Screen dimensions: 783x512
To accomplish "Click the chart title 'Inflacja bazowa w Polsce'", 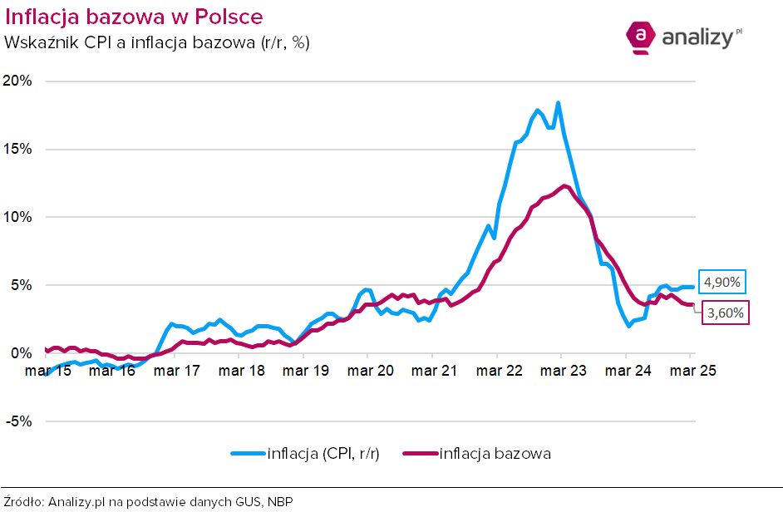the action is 134,17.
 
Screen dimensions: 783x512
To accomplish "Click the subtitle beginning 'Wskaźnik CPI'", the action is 157,42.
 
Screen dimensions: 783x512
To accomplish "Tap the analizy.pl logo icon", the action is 640,37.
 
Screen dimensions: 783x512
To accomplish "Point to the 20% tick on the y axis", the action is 17,81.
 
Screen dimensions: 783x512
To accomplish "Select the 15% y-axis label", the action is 17,149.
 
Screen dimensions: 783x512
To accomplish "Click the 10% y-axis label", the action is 17,217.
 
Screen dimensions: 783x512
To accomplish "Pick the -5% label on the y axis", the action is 19,421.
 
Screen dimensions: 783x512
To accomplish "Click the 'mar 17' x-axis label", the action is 177,371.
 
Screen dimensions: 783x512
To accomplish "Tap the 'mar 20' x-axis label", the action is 370,371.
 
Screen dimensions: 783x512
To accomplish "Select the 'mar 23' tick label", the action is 564,371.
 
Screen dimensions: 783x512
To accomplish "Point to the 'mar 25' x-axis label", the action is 692,371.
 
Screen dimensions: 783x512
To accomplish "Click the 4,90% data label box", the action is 722,283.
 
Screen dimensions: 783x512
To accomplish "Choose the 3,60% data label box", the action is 726,313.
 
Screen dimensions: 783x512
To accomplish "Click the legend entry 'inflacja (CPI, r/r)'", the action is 305,454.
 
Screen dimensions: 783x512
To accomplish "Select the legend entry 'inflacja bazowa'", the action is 477,454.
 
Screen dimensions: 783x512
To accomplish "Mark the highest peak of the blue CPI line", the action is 558,103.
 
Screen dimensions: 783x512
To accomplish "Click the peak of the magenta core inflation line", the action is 564,186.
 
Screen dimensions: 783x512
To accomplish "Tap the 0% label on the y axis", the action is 21,353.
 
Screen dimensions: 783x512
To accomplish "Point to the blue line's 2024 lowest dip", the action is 629,326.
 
